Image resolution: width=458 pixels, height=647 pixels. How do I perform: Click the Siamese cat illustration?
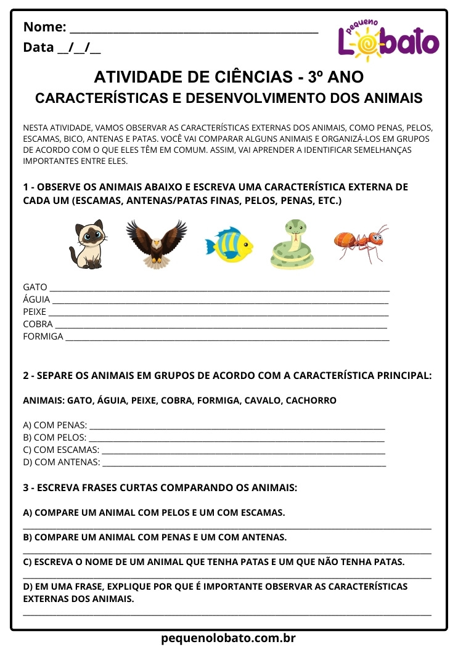point(86,245)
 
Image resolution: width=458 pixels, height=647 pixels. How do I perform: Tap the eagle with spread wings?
point(156,243)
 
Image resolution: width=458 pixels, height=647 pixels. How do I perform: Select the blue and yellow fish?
point(229,245)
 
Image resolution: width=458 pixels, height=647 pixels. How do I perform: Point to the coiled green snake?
point(292,245)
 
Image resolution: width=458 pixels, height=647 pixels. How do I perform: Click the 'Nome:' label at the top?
point(44,27)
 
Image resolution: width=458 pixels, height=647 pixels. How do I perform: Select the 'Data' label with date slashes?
point(62,47)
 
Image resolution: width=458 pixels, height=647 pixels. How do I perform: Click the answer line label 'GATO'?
point(35,287)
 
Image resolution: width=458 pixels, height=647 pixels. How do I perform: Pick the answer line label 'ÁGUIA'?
point(36,299)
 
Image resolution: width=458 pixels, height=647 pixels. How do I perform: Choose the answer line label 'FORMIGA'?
point(43,336)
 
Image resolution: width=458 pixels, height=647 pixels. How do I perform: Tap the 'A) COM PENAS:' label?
point(55,425)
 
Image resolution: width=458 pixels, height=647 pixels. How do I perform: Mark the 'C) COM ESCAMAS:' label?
point(61,450)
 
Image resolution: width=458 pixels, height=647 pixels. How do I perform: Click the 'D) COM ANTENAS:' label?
point(62,462)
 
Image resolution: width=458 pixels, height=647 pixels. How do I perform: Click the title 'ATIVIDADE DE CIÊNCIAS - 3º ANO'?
point(229,77)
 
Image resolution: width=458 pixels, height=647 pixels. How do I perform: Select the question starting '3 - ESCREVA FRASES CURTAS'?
point(160,487)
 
